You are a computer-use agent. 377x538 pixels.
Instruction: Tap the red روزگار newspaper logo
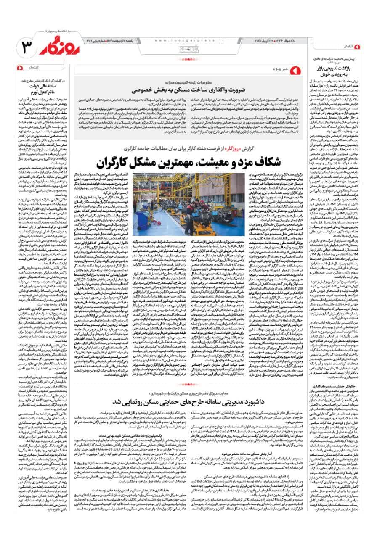[x=58, y=48]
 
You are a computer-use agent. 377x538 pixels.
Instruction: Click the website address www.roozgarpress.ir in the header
[x=183, y=41]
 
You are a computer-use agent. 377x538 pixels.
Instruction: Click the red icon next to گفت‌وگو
[x=20, y=67]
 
